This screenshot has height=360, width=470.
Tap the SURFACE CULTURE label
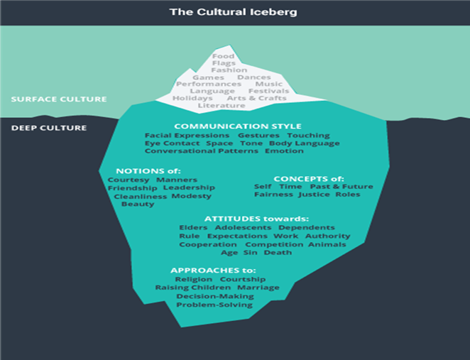[x=59, y=99]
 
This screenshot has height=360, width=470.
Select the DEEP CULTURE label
[x=49, y=128]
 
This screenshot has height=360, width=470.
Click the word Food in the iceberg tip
[x=224, y=56]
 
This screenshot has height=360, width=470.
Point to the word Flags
[x=224, y=63]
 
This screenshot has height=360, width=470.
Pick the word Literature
[x=222, y=106]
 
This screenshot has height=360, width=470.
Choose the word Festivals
[x=270, y=92]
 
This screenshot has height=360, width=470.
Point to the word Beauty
[x=138, y=204]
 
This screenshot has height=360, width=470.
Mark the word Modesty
[x=192, y=196]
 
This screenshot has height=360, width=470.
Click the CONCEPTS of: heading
[x=308, y=178]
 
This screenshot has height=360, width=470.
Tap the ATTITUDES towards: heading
[x=256, y=219]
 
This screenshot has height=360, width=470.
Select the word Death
[x=278, y=253]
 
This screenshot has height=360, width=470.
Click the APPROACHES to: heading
[x=214, y=271]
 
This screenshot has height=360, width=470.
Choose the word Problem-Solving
[x=214, y=305]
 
